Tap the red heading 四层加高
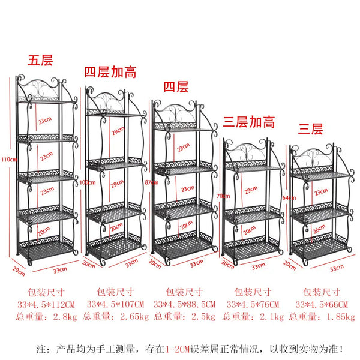[110, 73]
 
